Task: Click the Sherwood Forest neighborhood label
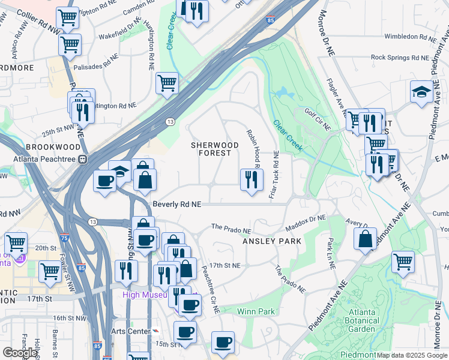tap(215, 149)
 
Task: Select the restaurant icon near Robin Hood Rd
tap(251, 179)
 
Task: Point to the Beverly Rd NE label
tap(176, 204)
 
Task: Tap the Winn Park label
tap(256, 311)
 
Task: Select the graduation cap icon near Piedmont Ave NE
tap(423, 92)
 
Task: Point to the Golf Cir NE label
tap(318, 114)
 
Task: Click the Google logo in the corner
tap(20, 353)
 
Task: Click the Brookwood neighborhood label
tap(52, 146)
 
